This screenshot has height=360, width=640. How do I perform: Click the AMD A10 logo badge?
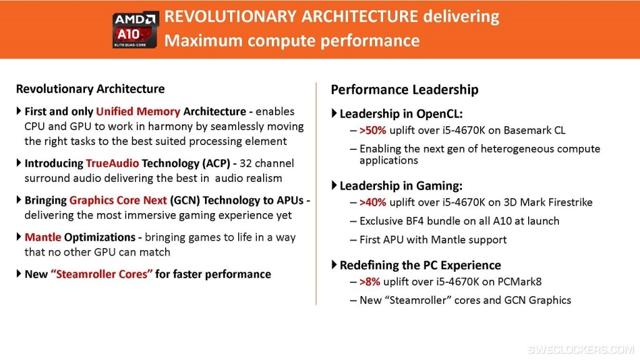[x=135, y=30]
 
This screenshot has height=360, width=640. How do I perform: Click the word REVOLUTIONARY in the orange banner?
[x=230, y=17]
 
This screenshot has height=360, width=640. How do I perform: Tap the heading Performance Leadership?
[x=404, y=90]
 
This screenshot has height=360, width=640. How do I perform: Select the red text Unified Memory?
[x=138, y=111]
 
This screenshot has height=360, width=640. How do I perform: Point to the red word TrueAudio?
[x=112, y=163]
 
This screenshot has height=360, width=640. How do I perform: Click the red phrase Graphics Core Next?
[x=118, y=201]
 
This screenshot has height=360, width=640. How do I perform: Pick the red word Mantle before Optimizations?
[x=43, y=237]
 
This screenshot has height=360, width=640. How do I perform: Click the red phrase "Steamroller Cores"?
[x=102, y=274]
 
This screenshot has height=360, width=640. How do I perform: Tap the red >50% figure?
[x=372, y=130]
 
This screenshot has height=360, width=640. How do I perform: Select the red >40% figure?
[x=372, y=202]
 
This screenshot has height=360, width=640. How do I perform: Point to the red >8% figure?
[x=370, y=282]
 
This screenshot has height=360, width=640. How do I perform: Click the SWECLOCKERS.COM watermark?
[x=581, y=349]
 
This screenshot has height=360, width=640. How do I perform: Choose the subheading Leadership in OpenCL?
[x=401, y=114]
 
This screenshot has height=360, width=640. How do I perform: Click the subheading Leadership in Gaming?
[x=401, y=186]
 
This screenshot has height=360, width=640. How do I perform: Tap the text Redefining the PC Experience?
[x=420, y=265]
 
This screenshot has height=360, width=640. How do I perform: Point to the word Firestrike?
[x=570, y=202]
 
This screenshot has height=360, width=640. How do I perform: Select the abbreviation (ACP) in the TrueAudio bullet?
[x=216, y=163]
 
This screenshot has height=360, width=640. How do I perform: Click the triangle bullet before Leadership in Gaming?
[x=334, y=185]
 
